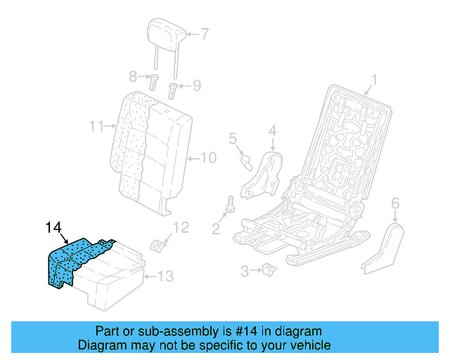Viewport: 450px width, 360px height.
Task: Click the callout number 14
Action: [54, 227]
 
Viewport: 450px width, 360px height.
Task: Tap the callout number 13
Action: [164, 276]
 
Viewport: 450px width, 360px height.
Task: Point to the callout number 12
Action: [181, 227]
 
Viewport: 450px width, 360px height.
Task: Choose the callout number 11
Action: [97, 127]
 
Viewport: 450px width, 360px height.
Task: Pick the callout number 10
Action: [209, 157]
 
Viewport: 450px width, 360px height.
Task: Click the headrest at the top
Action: [166, 31]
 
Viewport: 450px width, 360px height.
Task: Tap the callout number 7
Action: [205, 33]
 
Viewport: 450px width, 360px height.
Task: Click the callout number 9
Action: [196, 86]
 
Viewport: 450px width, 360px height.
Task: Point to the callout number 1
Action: [374, 79]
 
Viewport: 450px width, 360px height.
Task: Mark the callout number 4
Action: [272, 129]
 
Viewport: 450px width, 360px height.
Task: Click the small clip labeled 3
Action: [269, 268]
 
